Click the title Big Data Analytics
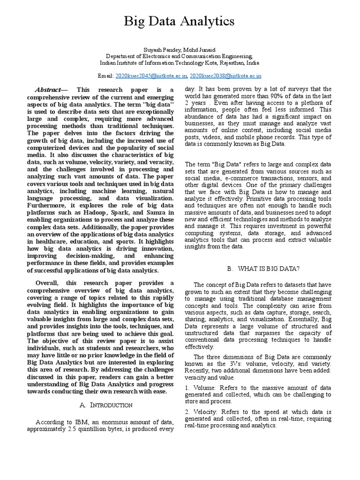[x=179, y=22]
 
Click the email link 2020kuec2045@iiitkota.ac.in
[x=151, y=75]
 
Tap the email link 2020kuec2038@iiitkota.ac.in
[x=225, y=75]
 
